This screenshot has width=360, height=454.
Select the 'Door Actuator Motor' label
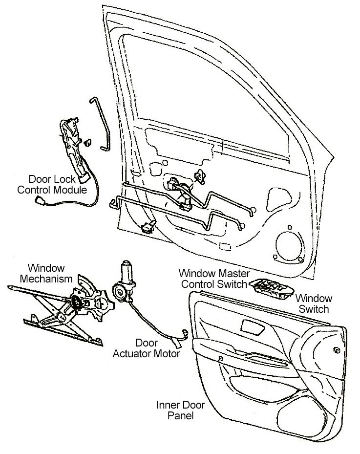(147, 348)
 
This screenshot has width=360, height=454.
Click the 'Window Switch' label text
(315, 303)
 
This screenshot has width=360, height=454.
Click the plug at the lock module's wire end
(39, 200)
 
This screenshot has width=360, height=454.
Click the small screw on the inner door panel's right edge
(337, 350)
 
